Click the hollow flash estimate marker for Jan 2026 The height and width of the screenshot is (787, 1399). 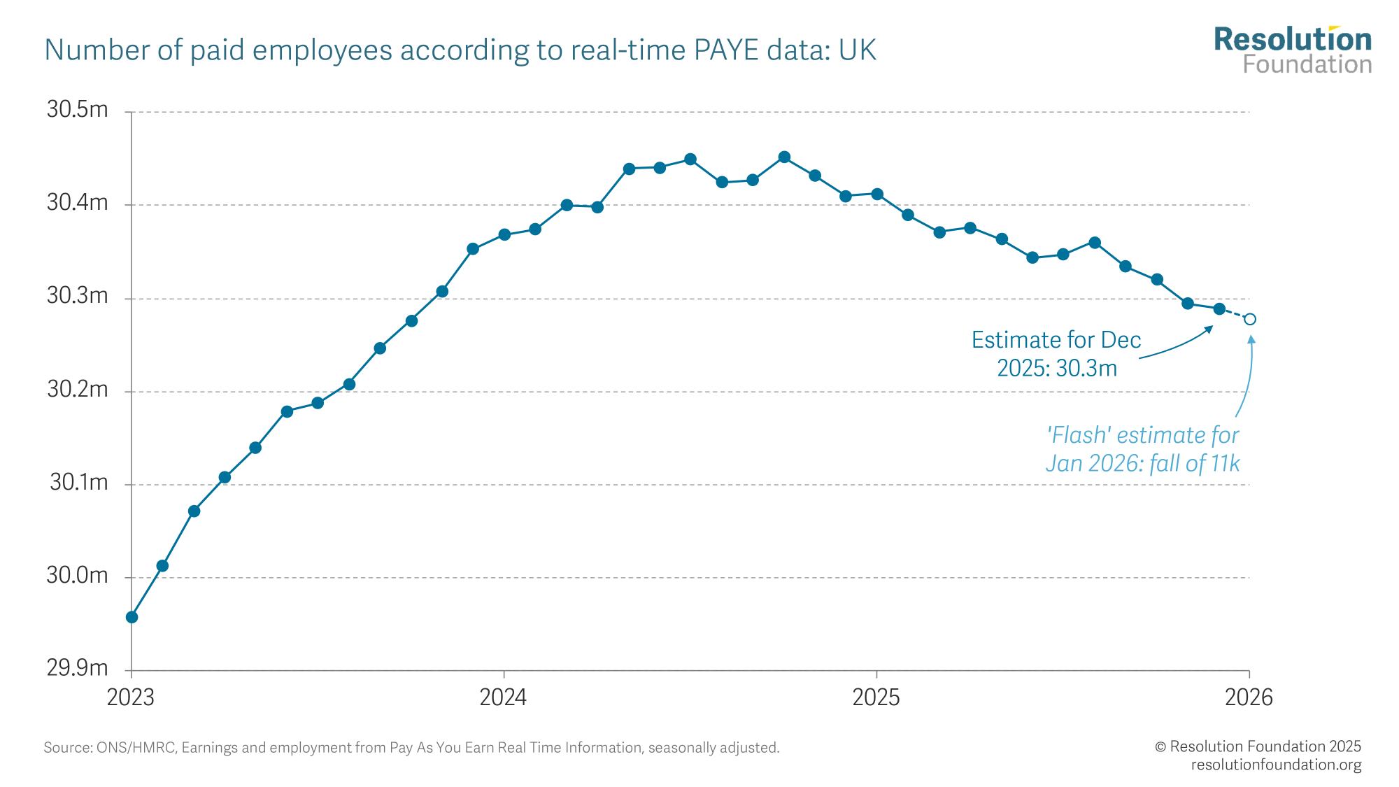tap(1249, 319)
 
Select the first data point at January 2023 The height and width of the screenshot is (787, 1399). tap(132, 617)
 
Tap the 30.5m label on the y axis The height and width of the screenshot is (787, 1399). tap(77, 110)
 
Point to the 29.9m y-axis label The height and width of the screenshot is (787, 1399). tap(77, 668)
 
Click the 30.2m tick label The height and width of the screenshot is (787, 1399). tap(77, 389)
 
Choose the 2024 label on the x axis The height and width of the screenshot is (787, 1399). tap(503, 697)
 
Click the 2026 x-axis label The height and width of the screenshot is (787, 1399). tap(1249, 697)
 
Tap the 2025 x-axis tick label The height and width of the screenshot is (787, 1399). tap(876, 697)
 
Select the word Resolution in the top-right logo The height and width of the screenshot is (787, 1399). tap(1293, 40)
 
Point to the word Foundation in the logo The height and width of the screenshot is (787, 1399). tap(1307, 65)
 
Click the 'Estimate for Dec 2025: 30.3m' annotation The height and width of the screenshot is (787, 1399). tap(1056, 354)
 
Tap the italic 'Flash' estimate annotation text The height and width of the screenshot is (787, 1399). tap(1142, 449)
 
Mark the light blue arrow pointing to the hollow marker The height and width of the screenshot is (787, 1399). tap(1248, 378)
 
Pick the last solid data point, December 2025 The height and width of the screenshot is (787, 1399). tap(1219, 309)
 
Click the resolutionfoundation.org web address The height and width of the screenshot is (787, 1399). tap(1276, 765)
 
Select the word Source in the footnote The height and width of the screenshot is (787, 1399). tap(67, 748)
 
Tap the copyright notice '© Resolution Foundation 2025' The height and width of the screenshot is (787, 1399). tap(1258, 746)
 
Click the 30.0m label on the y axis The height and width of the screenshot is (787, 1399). tap(77, 575)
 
